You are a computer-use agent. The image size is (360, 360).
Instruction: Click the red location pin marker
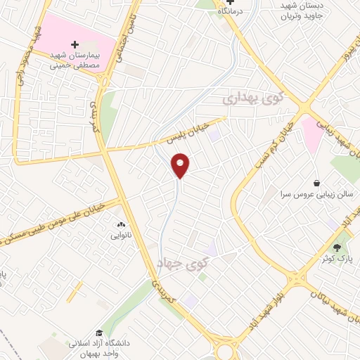[181, 165]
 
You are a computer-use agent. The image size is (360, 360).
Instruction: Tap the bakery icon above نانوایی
[120, 225]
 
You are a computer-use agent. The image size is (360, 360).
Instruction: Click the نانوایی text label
[120, 236]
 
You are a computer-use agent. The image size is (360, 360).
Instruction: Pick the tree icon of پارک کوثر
[337, 247]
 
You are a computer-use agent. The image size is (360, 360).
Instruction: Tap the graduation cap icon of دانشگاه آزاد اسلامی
[100, 333]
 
